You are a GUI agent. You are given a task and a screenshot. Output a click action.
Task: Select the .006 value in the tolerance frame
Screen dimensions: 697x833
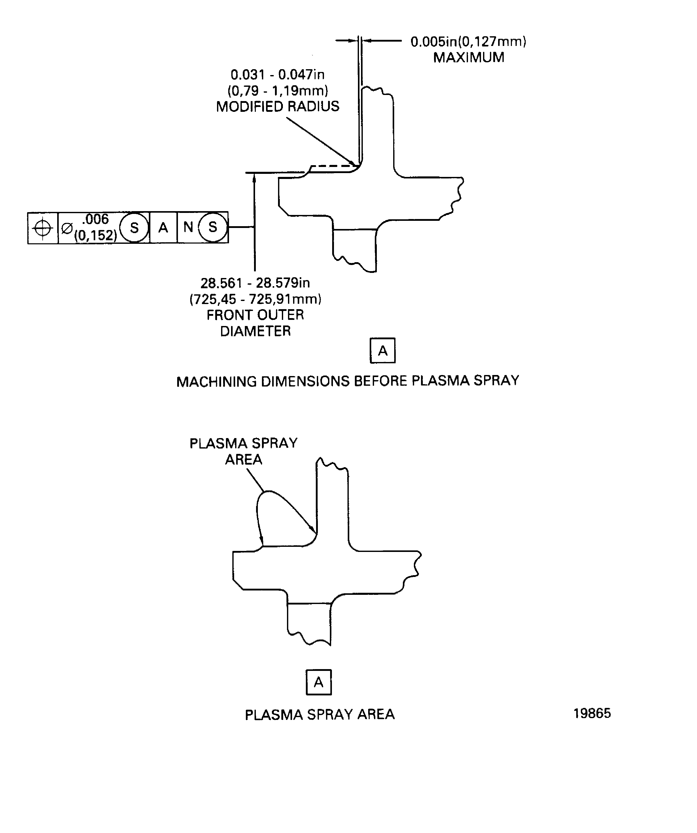pos(95,219)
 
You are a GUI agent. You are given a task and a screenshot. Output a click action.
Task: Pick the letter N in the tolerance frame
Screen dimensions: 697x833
pos(188,227)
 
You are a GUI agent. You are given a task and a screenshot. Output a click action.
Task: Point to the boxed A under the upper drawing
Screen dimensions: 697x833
pos(382,351)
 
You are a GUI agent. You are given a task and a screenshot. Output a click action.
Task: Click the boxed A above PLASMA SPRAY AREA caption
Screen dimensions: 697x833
pos(319,682)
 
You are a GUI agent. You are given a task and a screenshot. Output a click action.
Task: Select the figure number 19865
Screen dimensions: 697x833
pos(592,714)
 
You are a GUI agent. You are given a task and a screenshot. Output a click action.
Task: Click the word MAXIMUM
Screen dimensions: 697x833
pos(468,57)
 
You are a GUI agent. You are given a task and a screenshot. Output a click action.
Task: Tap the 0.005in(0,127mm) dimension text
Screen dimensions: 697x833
pos(468,42)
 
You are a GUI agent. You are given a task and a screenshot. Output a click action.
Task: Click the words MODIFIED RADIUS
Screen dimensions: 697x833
pos(278,106)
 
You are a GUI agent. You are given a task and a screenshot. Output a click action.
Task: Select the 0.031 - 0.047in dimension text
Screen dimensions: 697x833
pos(278,75)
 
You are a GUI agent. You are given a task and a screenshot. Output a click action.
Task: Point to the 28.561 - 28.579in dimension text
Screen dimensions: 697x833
pos(255,283)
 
